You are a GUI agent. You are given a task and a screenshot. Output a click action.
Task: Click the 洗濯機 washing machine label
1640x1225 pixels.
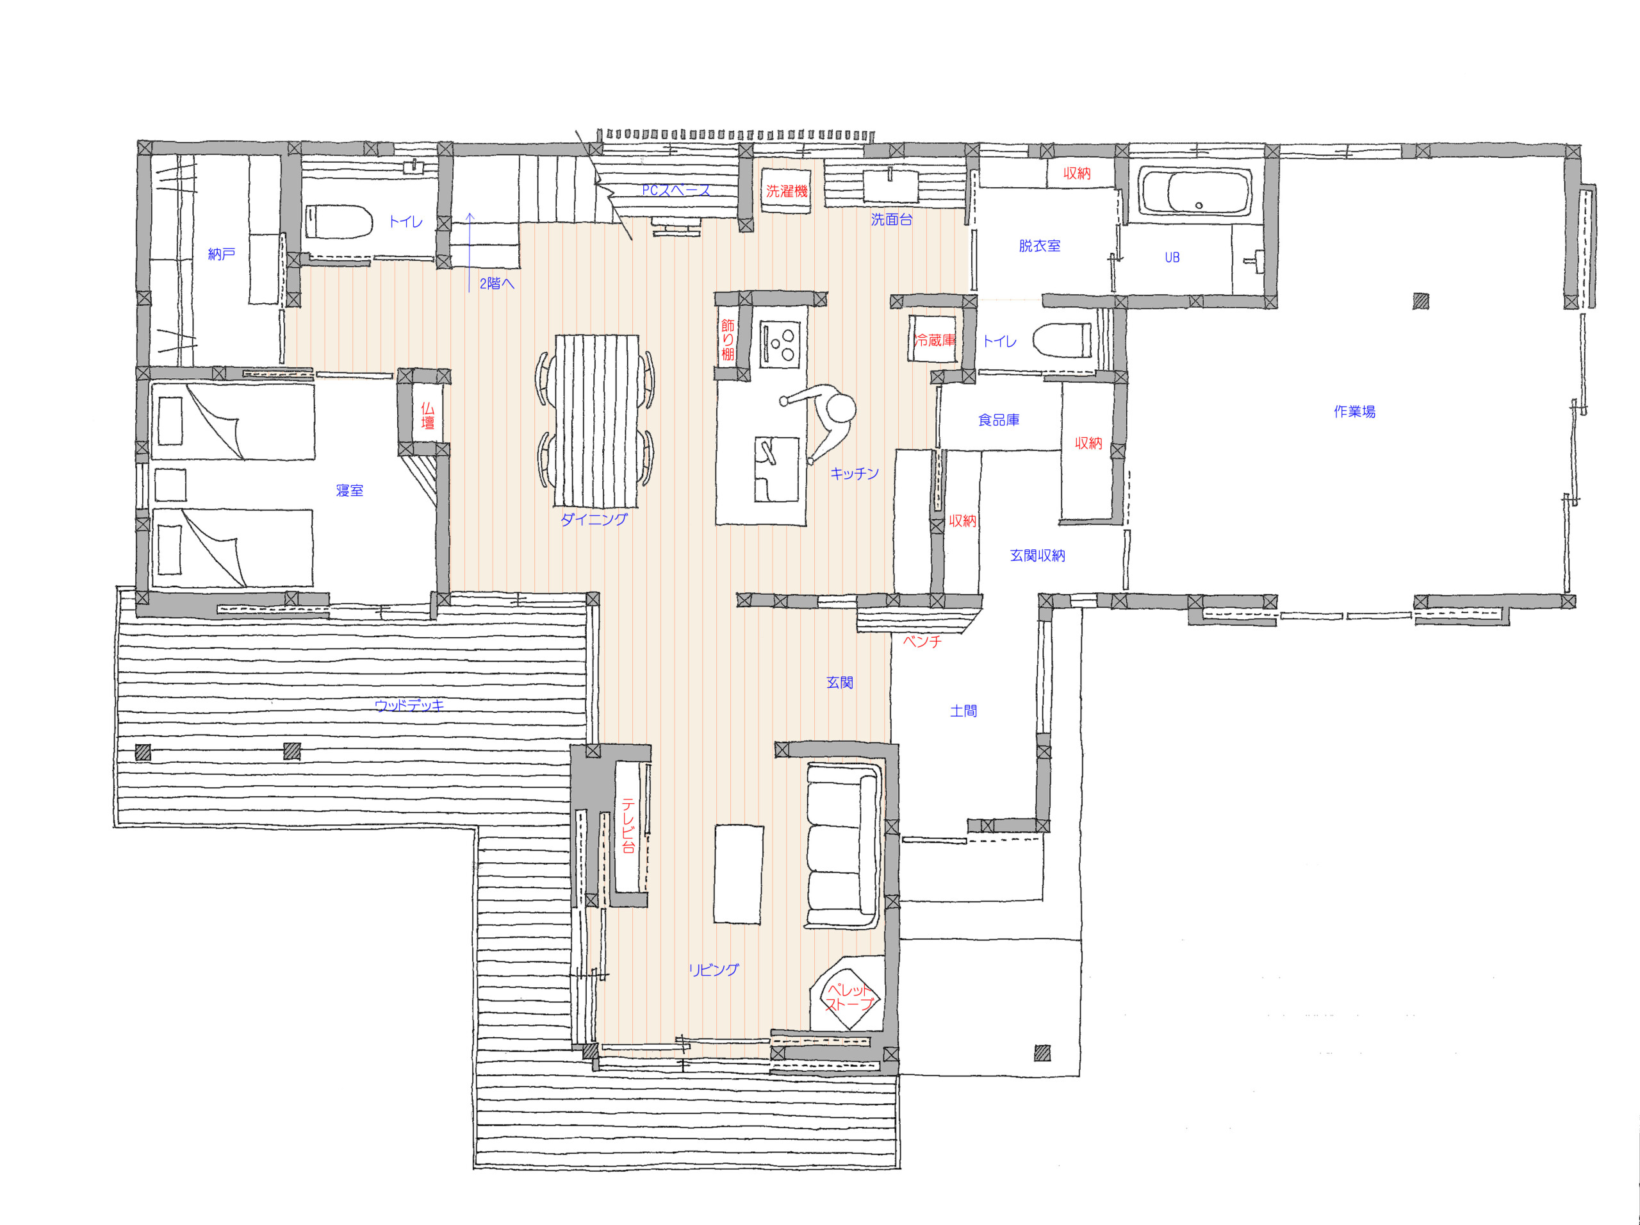[x=786, y=191]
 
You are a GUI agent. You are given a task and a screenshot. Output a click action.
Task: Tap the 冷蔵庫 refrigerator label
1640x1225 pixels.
[x=935, y=340]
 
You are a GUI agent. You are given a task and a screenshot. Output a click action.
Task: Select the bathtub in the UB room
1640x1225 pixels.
[x=1195, y=192]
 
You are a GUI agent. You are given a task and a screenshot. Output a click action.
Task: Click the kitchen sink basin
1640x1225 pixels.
[x=776, y=469]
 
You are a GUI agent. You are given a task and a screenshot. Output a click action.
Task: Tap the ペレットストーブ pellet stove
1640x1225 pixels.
[x=849, y=997]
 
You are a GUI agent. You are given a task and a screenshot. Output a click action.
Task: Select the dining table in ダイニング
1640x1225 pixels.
[x=596, y=421]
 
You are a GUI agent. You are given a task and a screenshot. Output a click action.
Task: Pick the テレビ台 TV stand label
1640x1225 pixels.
[x=628, y=825]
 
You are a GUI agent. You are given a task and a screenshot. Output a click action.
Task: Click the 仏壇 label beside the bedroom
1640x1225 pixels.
[x=427, y=416]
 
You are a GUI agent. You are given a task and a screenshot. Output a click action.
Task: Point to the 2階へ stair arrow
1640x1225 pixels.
[x=469, y=252]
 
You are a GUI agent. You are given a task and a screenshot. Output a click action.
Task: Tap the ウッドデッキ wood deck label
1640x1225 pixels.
[x=409, y=705]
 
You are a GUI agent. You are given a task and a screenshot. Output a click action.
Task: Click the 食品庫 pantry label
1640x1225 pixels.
[x=998, y=421]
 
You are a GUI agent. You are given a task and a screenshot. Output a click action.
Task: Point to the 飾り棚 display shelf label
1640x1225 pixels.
[x=728, y=340]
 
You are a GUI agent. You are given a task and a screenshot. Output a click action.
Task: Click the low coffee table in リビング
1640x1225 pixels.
[x=738, y=874]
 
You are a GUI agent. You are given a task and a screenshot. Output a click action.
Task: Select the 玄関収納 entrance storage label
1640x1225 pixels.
[x=1038, y=555]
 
